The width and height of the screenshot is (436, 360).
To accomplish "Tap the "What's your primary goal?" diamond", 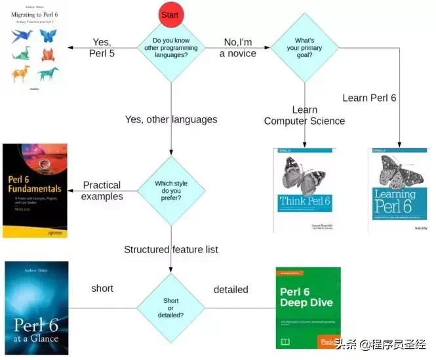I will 305,47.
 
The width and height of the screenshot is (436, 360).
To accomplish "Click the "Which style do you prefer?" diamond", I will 171,190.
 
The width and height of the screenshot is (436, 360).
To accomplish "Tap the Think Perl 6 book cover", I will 305,190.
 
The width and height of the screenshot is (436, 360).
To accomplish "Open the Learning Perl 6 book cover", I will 399,190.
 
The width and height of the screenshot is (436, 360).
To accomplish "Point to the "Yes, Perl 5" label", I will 102,49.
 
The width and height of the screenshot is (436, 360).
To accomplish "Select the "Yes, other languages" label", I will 171,119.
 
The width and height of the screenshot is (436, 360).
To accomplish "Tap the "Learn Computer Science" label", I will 304,115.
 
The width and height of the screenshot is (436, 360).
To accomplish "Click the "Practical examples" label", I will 102,191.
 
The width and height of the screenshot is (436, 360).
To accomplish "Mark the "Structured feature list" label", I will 171,249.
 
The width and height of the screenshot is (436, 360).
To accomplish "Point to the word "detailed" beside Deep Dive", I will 231,289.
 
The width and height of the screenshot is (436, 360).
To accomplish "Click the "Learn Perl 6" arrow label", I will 369,98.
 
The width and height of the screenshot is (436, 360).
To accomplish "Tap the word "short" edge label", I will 102,289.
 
